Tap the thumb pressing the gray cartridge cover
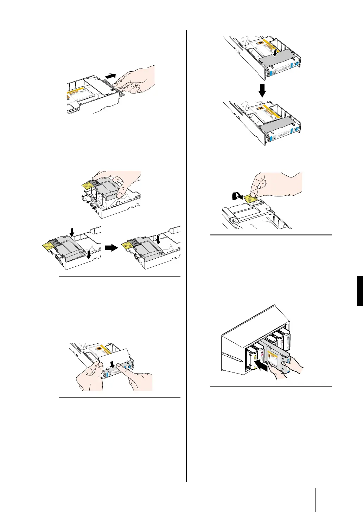coord(121,192)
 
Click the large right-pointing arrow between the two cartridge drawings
coord(110,248)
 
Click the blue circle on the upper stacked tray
coord(296,63)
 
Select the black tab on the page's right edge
coord(360,291)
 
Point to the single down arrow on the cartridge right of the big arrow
coord(159,240)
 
